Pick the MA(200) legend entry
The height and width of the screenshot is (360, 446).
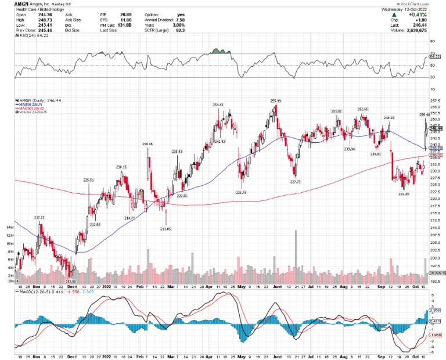[26, 108]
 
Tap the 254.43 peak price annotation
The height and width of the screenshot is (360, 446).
[218, 104]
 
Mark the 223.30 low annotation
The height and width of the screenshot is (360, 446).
[404, 194]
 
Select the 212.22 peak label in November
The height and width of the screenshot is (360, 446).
[39, 217]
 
